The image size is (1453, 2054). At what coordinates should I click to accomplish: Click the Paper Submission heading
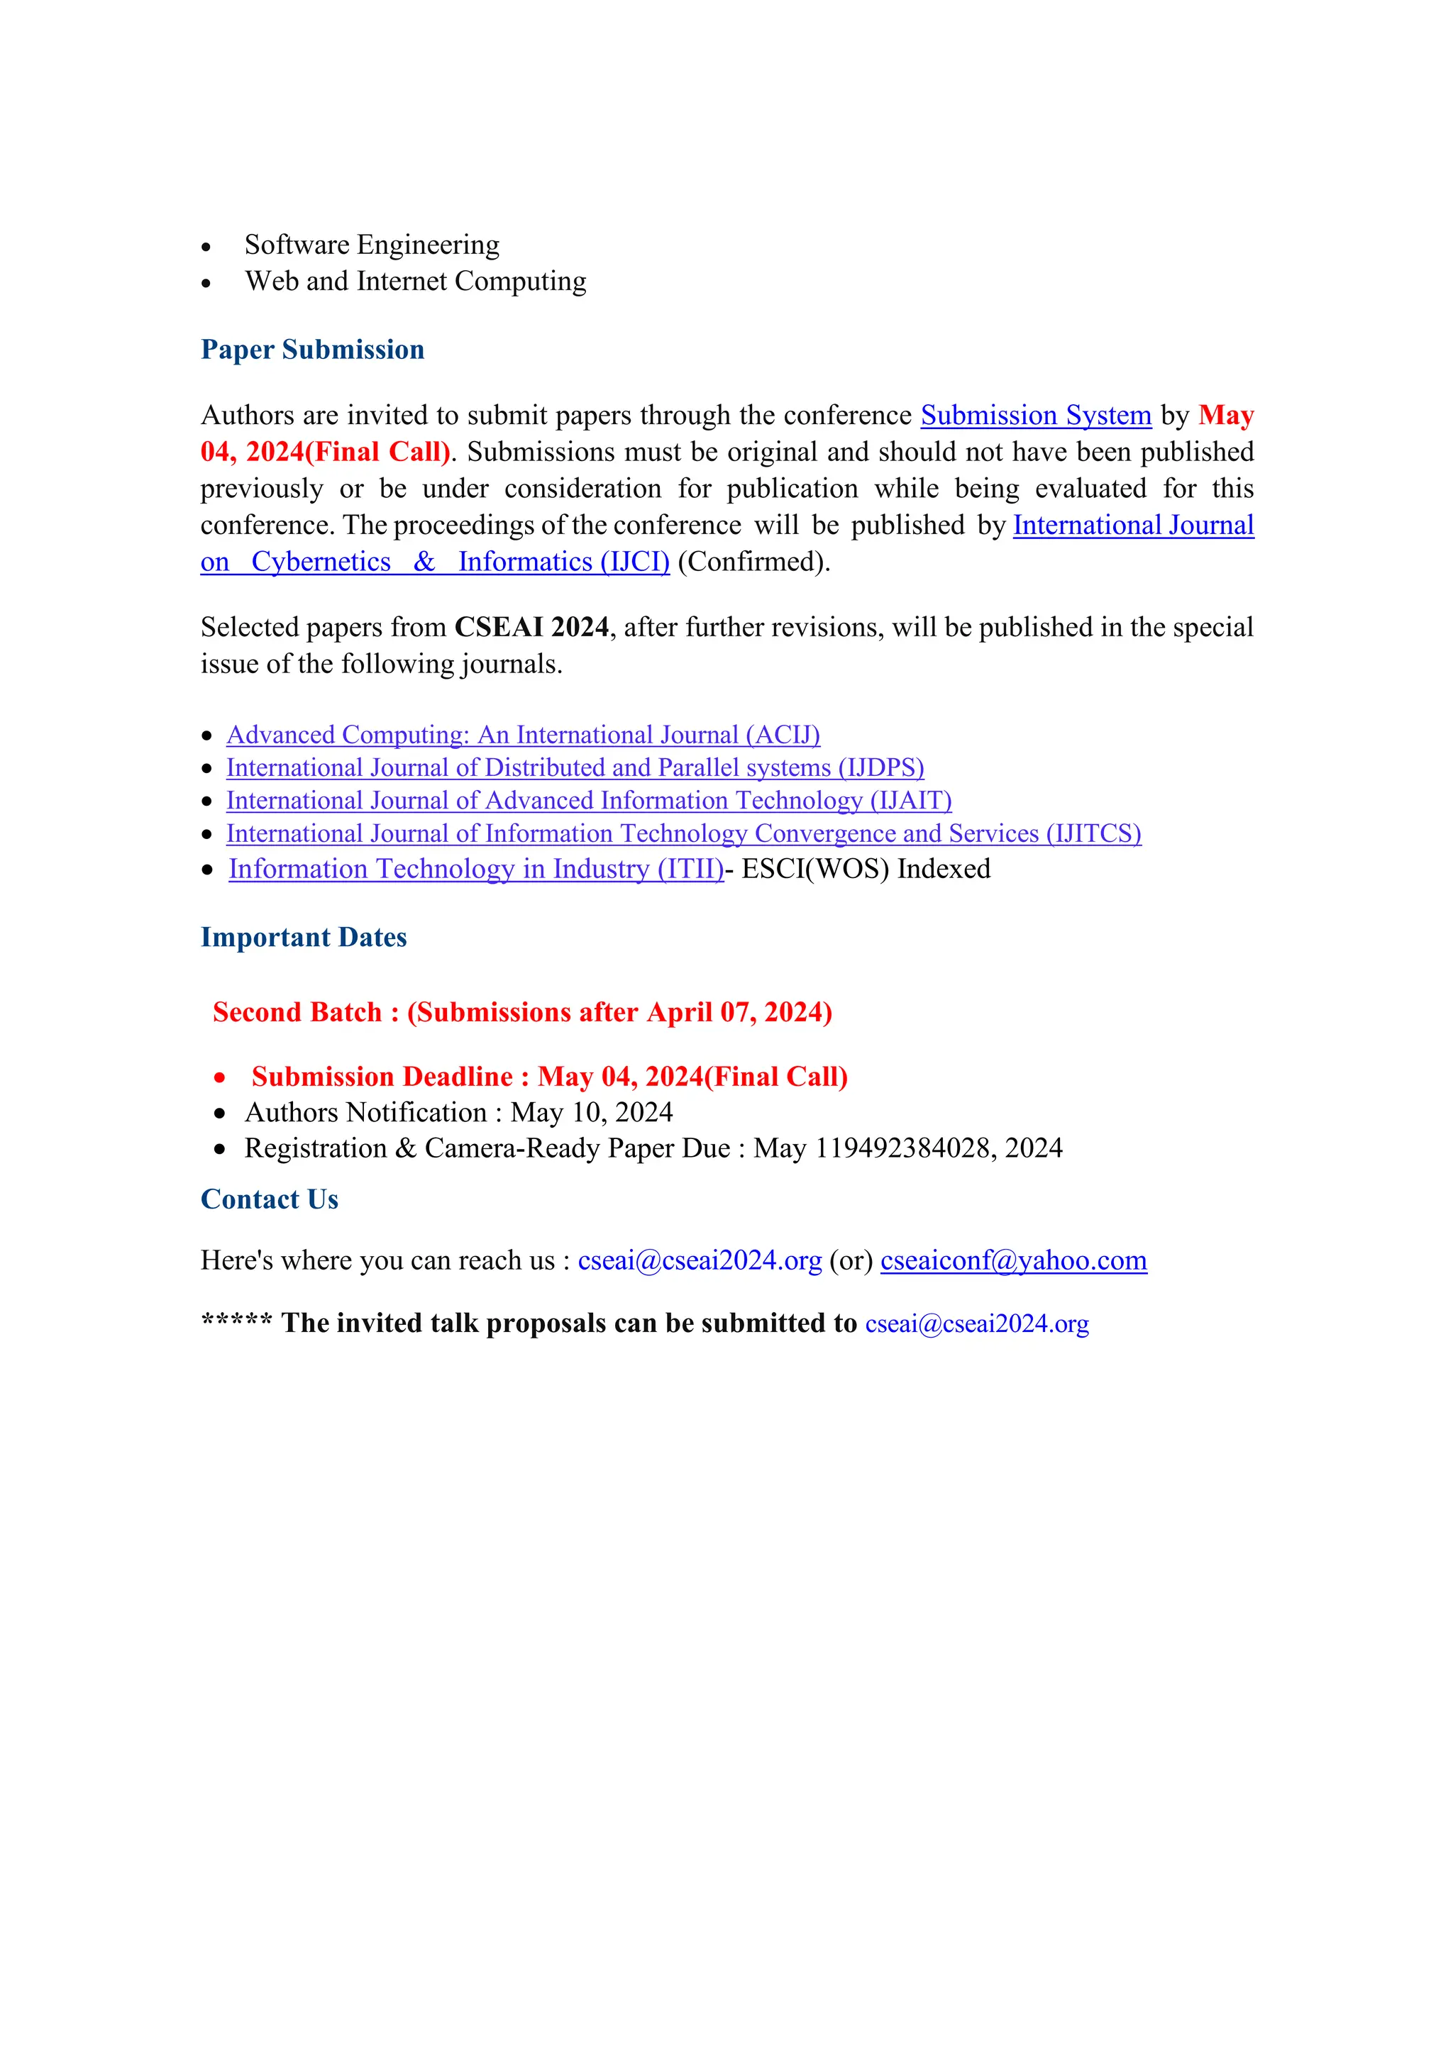312,350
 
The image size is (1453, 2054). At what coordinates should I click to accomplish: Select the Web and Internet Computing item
415,281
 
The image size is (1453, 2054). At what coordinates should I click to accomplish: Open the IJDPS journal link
575,767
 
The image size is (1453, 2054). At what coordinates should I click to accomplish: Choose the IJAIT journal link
589,801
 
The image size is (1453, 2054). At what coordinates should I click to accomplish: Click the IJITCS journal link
683,834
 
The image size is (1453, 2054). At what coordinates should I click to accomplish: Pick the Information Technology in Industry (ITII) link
475,869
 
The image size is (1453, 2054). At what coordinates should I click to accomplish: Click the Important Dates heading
304,938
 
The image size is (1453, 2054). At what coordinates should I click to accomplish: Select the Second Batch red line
522,1012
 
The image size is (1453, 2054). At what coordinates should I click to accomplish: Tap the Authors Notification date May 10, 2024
592,1112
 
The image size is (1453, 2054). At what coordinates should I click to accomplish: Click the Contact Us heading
270,1199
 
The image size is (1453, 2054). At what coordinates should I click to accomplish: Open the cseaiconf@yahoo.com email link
1013,1260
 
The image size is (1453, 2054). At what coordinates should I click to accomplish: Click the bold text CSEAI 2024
531,627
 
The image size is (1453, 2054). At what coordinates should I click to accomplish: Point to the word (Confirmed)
753,562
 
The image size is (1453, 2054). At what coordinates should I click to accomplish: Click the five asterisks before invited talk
236,1321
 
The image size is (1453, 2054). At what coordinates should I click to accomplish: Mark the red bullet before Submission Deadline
219,1078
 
